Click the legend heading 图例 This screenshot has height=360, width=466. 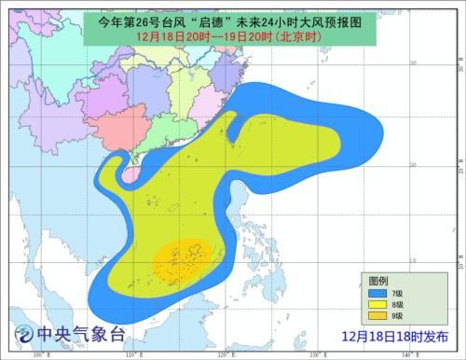[377, 281]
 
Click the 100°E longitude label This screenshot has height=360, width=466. [39, 355]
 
